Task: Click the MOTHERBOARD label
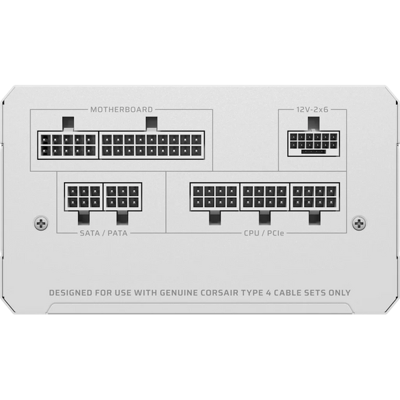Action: click(x=121, y=110)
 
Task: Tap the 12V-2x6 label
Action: click(x=312, y=110)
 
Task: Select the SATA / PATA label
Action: click(x=103, y=233)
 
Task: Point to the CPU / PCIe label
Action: click(x=264, y=233)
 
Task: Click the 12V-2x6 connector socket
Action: click(x=313, y=143)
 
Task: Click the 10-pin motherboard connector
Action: click(x=68, y=145)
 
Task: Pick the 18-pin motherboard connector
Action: click(x=152, y=145)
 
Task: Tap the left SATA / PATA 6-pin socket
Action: click(x=84, y=197)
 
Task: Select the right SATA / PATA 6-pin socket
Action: click(x=123, y=197)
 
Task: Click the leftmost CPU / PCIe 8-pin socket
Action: click(x=215, y=197)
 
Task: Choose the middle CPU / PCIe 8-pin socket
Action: click(x=265, y=197)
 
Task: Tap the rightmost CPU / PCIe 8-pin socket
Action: click(x=315, y=197)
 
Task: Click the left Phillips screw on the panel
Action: click(x=41, y=223)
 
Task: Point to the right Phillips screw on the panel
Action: click(x=359, y=223)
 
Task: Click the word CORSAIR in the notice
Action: click(x=219, y=293)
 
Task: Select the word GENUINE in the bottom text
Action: click(x=179, y=293)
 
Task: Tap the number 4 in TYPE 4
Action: click(x=269, y=293)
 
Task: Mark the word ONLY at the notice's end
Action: click(x=339, y=293)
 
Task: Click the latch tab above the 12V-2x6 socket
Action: click(x=313, y=124)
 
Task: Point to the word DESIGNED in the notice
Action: click(x=71, y=293)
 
